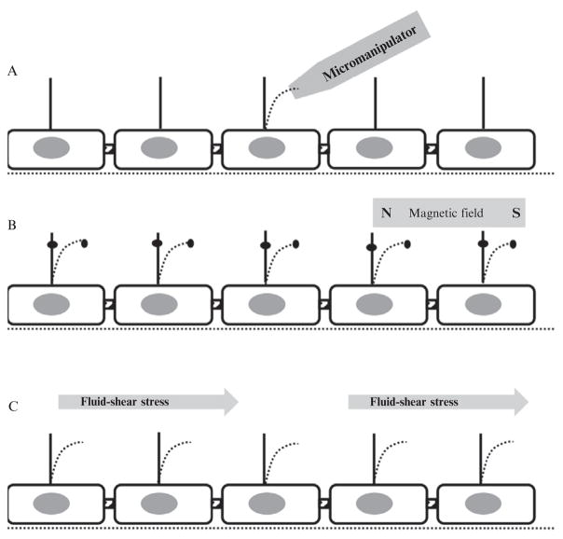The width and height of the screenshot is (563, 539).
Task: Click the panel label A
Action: point(12,71)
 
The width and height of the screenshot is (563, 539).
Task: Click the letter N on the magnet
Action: point(385,214)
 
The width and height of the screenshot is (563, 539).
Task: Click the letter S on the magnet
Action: point(515,214)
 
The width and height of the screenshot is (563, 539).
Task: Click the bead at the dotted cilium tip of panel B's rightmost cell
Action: point(518,244)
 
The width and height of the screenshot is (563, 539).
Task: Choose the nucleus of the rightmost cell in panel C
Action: point(482,501)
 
